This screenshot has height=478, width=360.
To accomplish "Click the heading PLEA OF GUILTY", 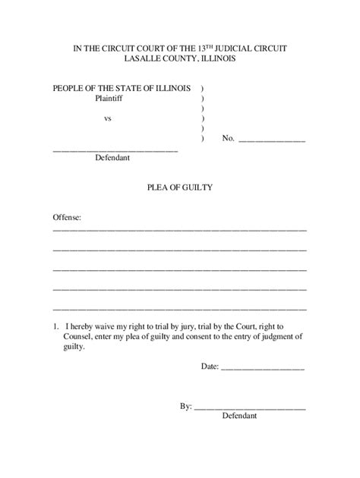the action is pos(179,187).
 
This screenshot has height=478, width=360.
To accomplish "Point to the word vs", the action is pos(108,118).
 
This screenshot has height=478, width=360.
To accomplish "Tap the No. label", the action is pos(229,139).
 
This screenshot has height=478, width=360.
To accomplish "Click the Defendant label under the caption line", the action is pos(112,159).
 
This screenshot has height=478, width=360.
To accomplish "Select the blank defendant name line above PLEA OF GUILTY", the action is pos(115,149).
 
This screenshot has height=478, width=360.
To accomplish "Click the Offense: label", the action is pos(68,217).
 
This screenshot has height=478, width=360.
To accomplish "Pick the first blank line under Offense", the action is pos(179,229).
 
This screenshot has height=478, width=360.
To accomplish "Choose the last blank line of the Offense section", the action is pos(179,308).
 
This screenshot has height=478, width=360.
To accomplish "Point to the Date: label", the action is pos(210,366).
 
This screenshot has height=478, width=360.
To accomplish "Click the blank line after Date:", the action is pos(263,369).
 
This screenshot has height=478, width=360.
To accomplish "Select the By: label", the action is pos(186,407).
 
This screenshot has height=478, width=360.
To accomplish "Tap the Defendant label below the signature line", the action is pos(240,417).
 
